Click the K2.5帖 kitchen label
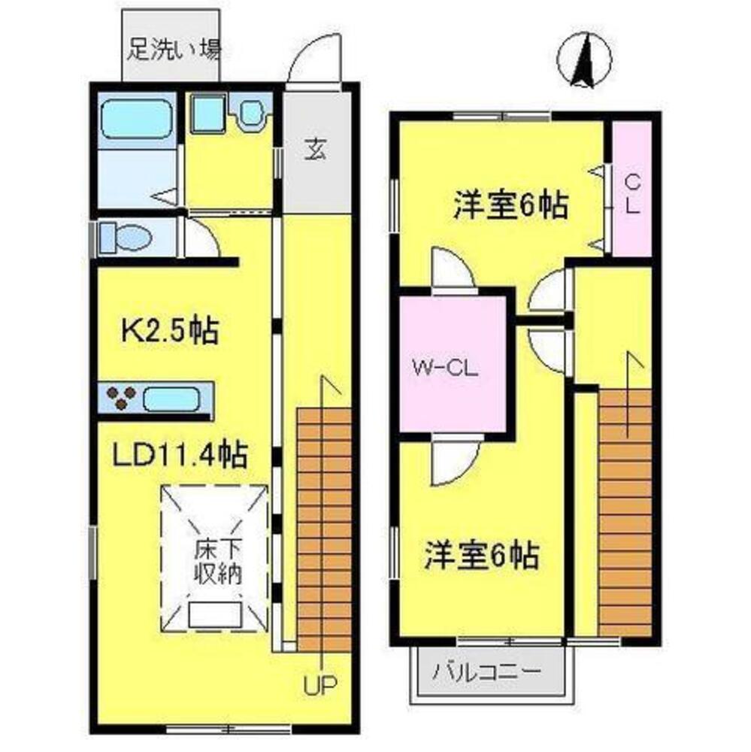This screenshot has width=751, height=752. pyautogui.click(x=171, y=331)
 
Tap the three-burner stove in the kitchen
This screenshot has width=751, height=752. pyautogui.click(x=120, y=399)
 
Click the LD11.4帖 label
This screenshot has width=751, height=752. pyautogui.click(x=180, y=455)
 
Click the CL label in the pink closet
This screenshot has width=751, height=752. pyautogui.click(x=632, y=194)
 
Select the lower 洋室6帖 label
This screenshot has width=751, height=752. pyautogui.click(x=481, y=556)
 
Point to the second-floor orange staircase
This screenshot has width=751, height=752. pyautogui.click(x=625, y=511)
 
